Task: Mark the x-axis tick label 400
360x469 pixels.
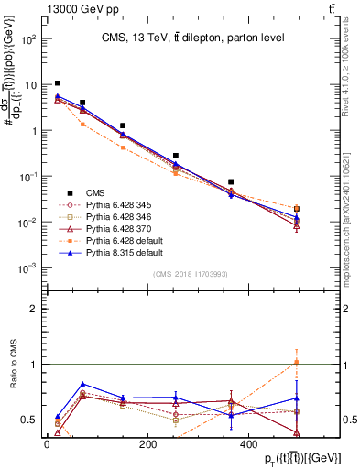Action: point(248,445)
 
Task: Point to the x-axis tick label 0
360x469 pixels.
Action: point(47,445)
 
